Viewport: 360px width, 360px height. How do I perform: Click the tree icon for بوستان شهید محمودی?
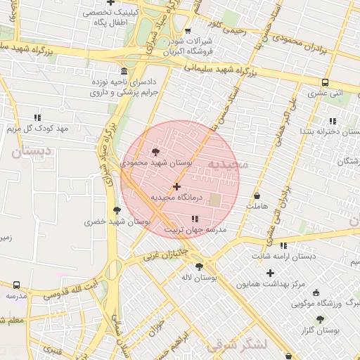(155, 151)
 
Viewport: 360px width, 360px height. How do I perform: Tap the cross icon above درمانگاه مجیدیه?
(176, 186)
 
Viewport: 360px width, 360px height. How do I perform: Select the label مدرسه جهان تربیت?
(196, 230)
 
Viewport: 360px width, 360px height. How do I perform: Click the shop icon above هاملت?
(257, 195)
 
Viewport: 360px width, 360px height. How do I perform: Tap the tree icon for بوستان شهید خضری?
(117, 210)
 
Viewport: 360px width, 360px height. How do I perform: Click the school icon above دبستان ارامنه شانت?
(283, 245)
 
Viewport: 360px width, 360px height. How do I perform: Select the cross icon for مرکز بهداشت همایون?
(270, 273)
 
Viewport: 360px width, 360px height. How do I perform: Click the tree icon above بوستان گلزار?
(320, 319)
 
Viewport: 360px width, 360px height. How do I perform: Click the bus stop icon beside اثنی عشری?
(324, 82)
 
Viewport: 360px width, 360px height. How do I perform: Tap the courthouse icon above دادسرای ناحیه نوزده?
(124, 71)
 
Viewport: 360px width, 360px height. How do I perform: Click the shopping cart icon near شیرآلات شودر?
(188, 30)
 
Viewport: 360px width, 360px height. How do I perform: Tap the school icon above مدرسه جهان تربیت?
(195, 219)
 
